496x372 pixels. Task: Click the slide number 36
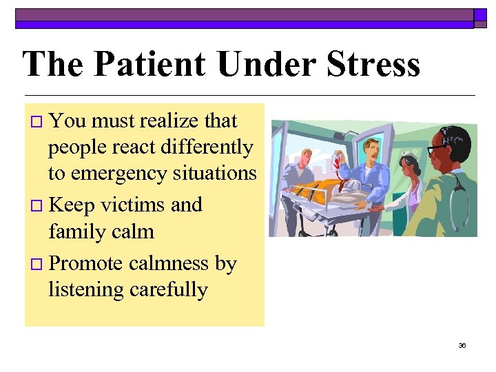pos(462,345)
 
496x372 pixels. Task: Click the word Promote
pos(86,263)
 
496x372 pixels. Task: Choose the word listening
pos(86,290)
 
